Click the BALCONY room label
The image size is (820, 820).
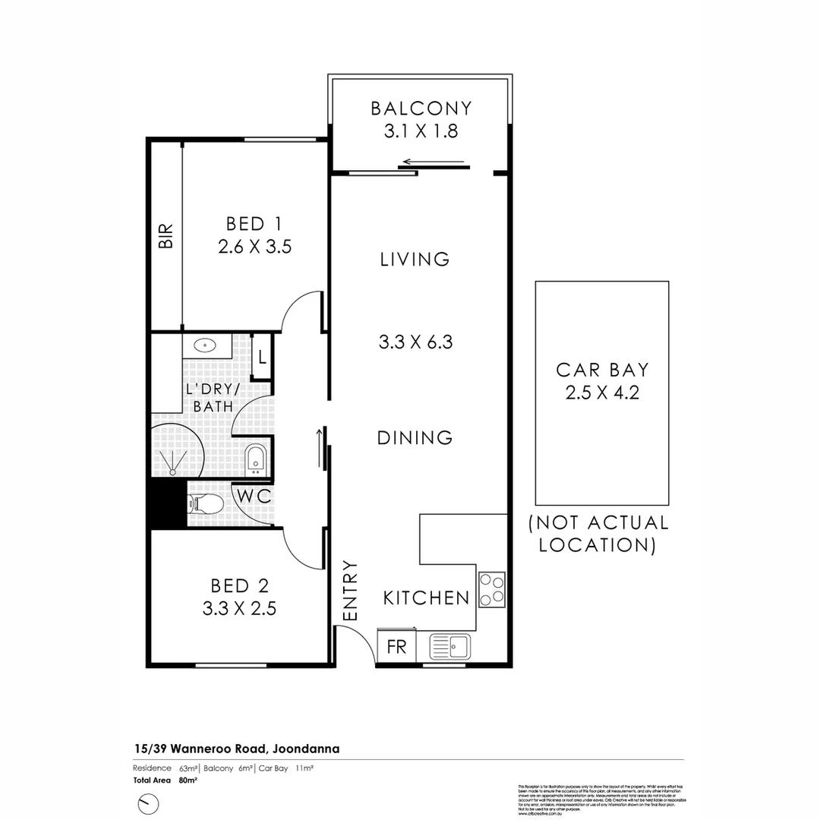pyautogui.click(x=421, y=109)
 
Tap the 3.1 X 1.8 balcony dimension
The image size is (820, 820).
pyautogui.click(x=421, y=131)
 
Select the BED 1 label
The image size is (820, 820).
pyautogui.click(x=254, y=224)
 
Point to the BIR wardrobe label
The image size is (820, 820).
pyautogui.click(x=166, y=235)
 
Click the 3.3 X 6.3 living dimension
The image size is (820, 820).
pyautogui.click(x=415, y=342)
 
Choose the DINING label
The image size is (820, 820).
pyautogui.click(x=415, y=438)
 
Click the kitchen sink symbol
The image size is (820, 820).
pyautogui.click(x=450, y=647)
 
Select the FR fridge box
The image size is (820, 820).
pyautogui.click(x=396, y=647)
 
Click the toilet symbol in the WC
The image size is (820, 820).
pyautogui.click(x=205, y=503)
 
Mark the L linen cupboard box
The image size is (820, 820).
pyautogui.click(x=262, y=356)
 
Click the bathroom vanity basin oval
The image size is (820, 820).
pyautogui.click(x=204, y=345)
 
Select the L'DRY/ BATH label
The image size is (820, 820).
pyautogui.click(x=213, y=398)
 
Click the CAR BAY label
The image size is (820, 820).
pyautogui.click(x=602, y=371)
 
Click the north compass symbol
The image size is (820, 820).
pyautogui.click(x=149, y=803)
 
